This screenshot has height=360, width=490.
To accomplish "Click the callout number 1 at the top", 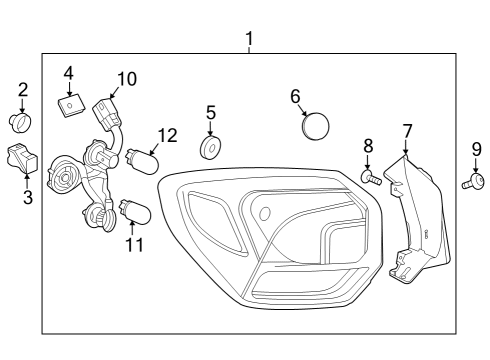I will (x=249, y=39).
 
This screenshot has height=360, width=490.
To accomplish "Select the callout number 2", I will (x=22, y=91).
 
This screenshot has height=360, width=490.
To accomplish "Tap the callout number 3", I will (x=27, y=197).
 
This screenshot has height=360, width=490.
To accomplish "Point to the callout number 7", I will (x=407, y=131).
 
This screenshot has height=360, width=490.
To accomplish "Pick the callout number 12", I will (x=167, y=135).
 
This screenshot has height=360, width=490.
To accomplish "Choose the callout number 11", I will (x=134, y=243).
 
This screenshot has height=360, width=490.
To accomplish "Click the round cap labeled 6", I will (x=315, y=128).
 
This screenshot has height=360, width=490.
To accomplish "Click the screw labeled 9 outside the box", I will (x=473, y=181).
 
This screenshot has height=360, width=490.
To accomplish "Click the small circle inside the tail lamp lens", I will (x=265, y=213).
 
